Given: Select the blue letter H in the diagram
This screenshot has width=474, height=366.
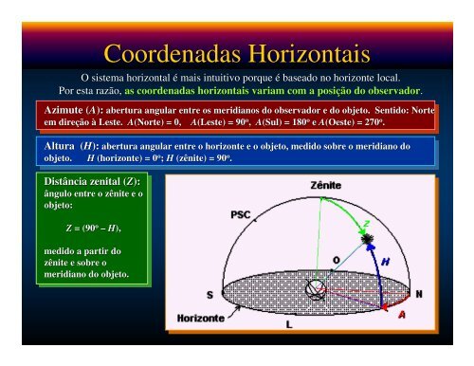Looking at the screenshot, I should tap(387, 262).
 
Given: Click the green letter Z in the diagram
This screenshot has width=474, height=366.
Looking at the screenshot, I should tap(367, 225).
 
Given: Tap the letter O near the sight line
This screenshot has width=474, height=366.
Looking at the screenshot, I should tap(337, 260).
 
